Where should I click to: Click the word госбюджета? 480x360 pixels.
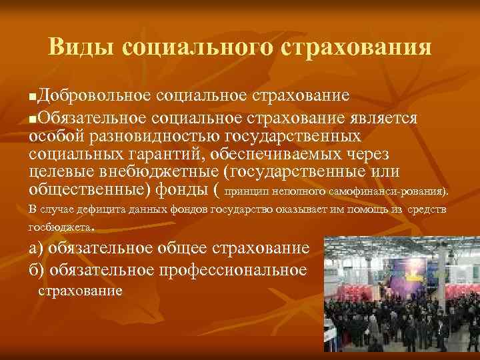pos(59,227)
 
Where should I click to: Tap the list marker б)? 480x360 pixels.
pos(37,271)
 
